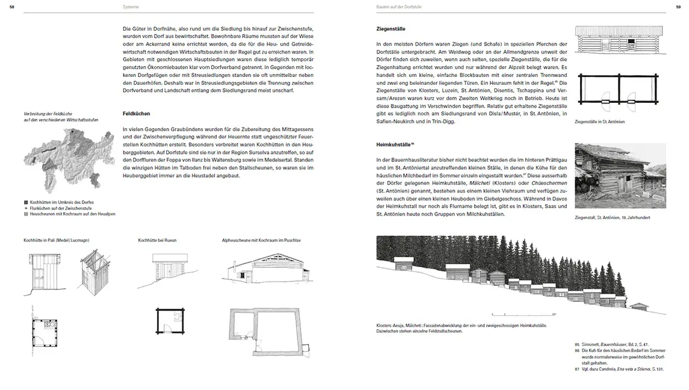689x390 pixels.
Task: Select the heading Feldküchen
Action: pyautogui.click(x=136, y=113)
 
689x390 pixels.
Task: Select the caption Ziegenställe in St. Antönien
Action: pyautogui.click(x=600, y=122)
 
